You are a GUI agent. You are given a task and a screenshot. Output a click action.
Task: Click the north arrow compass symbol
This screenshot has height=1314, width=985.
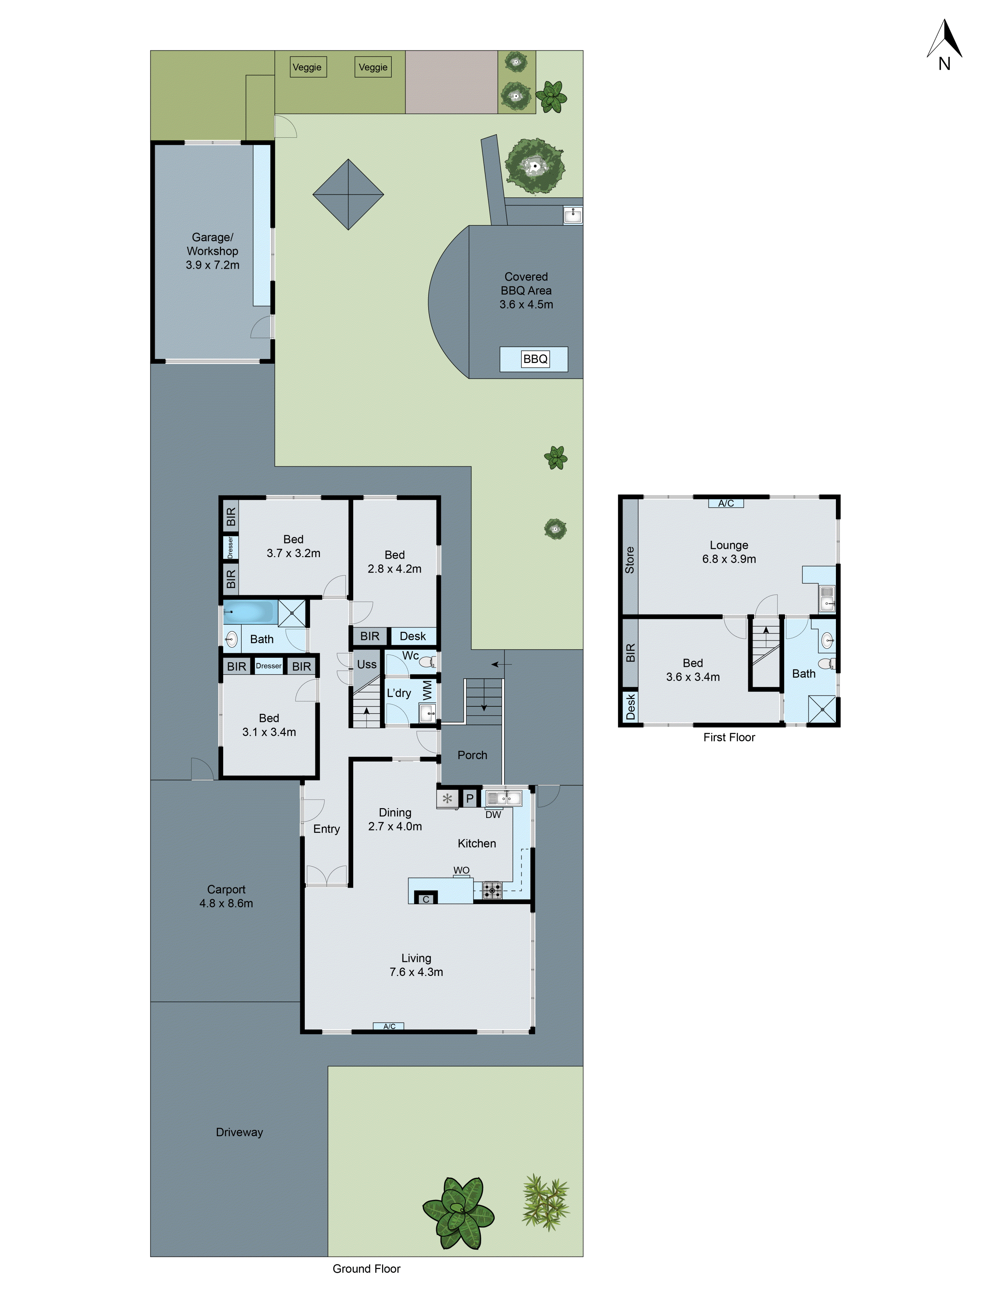pyautogui.click(x=944, y=42)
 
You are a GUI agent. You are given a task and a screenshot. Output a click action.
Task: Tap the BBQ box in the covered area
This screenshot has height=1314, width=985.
pyautogui.click(x=535, y=359)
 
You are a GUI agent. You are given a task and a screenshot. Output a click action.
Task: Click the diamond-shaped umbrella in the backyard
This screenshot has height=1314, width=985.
pyautogui.click(x=348, y=194)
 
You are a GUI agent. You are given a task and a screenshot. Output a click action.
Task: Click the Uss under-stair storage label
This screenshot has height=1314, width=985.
pyautogui.click(x=366, y=664)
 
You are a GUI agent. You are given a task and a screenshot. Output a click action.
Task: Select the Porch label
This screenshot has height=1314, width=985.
pyautogui.click(x=472, y=755)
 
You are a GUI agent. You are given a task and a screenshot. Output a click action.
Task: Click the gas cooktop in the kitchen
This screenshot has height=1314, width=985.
pyautogui.click(x=492, y=890)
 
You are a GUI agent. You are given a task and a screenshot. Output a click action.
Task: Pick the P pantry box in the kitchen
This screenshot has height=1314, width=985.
pyautogui.click(x=470, y=798)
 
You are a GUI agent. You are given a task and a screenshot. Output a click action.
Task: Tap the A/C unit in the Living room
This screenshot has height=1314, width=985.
pyautogui.click(x=389, y=1026)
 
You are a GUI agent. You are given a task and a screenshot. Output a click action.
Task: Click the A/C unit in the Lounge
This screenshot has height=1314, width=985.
pyautogui.click(x=726, y=503)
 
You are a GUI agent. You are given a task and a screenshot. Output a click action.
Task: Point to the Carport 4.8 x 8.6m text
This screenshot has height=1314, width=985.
pyautogui.click(x=226, y=896)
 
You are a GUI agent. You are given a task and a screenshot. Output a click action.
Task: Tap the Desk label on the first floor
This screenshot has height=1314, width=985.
pyautogui.click(x=630, y=707)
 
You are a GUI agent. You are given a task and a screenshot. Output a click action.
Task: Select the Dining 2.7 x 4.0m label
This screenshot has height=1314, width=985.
pyautogui.click(x=395, y=819)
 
